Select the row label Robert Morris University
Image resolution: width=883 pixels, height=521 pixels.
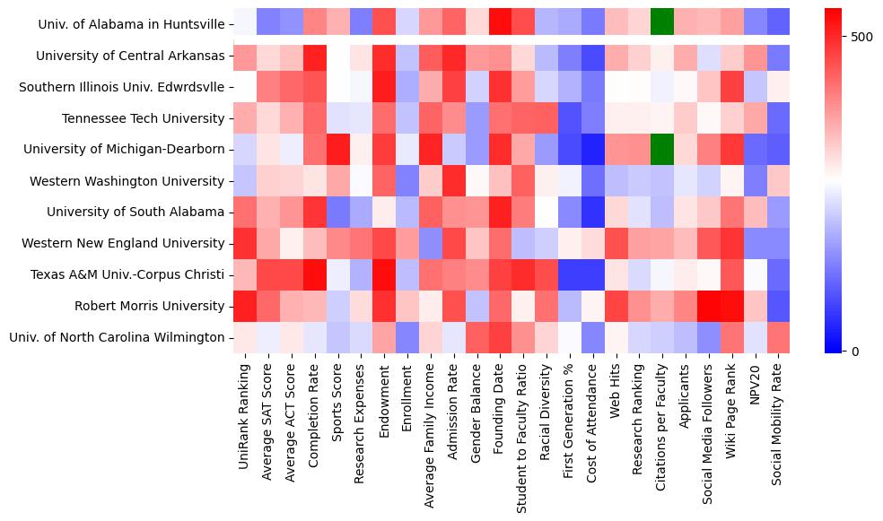coord(150,306)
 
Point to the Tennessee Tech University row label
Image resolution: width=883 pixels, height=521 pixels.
coord(144,118)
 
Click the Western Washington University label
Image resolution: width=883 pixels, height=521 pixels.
coord(127,181)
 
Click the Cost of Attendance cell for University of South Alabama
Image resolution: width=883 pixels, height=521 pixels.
coord(592,212)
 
